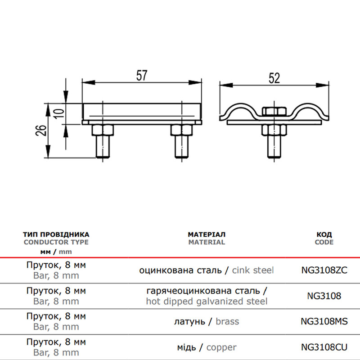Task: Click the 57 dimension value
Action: click(x=141, y=75)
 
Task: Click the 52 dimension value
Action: click(x=274, y=78)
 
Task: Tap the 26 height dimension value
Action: click(x=41, y=130)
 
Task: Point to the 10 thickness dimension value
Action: click(x=60, y=113)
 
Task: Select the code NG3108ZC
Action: click(x=324, y=270)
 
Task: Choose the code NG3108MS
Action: click(x=324, y=321)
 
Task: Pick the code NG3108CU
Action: click(x=324, y=347)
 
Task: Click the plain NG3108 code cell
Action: click(x=324, y=296)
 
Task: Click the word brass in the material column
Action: click(x=227, y=321)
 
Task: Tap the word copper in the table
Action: click(x=221, y=347)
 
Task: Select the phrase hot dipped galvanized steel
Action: click(x=207, y=301)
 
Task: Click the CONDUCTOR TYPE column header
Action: click(x=56, y=242)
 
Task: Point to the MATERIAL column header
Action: click(x=207, y=242)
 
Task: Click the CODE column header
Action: click(x=324, y=242)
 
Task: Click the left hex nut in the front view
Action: click(x=103, y=130)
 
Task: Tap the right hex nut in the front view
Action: click(x=182, y=130)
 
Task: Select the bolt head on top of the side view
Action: click(x=274, y=111)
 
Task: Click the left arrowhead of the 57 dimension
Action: click(x=88, y=82)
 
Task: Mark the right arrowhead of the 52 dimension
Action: click(x=323, y=85)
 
